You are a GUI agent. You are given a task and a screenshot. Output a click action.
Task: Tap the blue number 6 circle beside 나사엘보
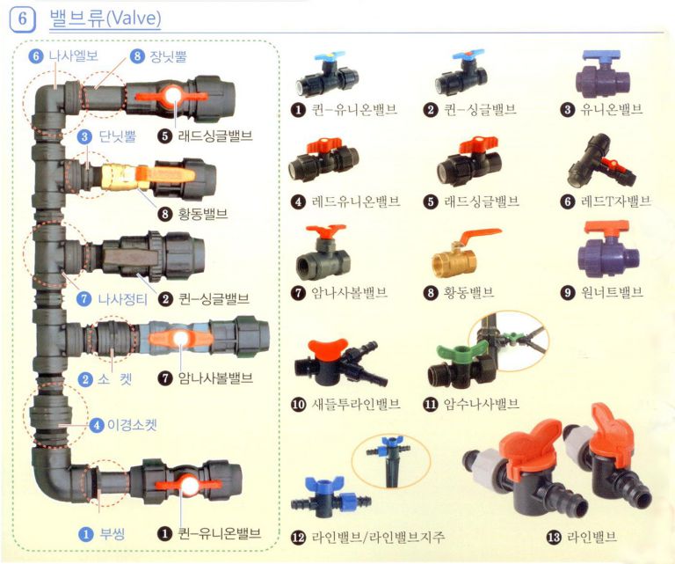[x=36, y=56]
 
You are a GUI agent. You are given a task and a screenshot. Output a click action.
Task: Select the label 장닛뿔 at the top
[x=169, y=56]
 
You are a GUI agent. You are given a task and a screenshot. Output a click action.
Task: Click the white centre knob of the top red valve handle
[x=174, y=95]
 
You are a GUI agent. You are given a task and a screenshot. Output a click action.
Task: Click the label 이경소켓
[x=132, y=425]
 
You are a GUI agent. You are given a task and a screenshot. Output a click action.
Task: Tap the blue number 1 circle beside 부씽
[x=86, y=534]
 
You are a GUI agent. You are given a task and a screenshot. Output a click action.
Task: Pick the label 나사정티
[x=123, y=299]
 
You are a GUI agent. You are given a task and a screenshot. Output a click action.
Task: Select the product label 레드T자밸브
[x=616, y=201]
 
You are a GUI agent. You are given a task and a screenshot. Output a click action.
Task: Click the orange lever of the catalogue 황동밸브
[x=478, y=236]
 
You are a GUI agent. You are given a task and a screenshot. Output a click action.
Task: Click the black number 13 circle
[x=554, y=537]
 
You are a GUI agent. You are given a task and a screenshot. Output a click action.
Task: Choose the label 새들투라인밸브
[x=356, y=404]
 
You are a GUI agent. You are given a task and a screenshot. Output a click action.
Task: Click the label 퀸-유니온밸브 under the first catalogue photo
[x=354, y=109]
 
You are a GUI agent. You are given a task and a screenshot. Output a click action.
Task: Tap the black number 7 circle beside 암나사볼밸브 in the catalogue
[x=298, y=293]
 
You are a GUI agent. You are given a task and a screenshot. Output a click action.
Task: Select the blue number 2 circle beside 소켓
[x=85, y=379]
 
